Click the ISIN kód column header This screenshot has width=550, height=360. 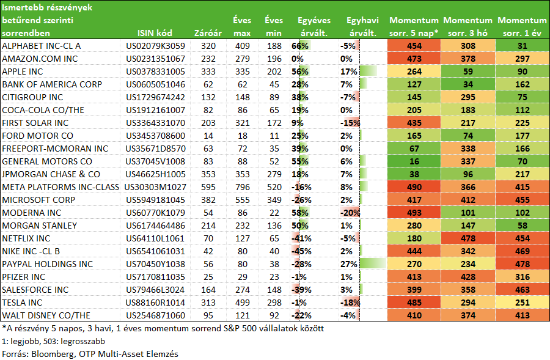coord(155,33)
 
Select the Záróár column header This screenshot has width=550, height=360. coord(208,33)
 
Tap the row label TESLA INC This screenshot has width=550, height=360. coord(22,303)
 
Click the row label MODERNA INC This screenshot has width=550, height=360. coord(32,213)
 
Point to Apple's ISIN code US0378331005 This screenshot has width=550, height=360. coord(155,72)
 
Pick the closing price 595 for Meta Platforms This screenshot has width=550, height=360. coord(208,187)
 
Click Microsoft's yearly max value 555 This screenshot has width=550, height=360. coord(243,200)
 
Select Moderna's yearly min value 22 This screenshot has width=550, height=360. coord(274,213)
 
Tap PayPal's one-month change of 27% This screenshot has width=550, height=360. coord(349,264)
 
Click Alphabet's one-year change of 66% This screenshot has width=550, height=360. coord(300,46)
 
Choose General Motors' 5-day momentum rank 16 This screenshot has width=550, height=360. coord(414,161)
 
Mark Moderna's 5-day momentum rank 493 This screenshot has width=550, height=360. coord(414,213)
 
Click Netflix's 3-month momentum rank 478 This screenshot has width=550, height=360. coord(468,238)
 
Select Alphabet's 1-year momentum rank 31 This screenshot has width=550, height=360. coord(522,46)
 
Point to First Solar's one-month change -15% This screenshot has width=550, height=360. coord(350,123)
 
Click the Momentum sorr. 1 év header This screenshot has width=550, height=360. coord(522,27)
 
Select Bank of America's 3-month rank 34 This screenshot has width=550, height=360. coord(468,84)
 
